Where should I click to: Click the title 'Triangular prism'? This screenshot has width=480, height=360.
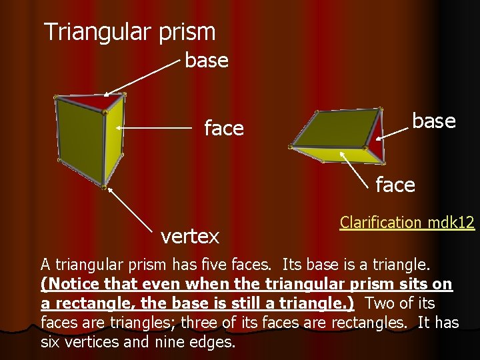point(129,31)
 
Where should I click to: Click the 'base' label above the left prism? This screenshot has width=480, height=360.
point(207,61)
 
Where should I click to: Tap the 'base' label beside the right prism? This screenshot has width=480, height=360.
point(433,121)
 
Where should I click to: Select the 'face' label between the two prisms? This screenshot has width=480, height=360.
point(224,128)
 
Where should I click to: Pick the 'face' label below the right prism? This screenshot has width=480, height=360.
point(395,185)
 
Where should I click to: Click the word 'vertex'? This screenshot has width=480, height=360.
point(190,236)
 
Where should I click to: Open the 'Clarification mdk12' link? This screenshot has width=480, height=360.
point(407,222)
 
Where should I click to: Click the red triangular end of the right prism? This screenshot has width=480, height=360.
point(378,137)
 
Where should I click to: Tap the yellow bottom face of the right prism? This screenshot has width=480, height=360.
point(333,155)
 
